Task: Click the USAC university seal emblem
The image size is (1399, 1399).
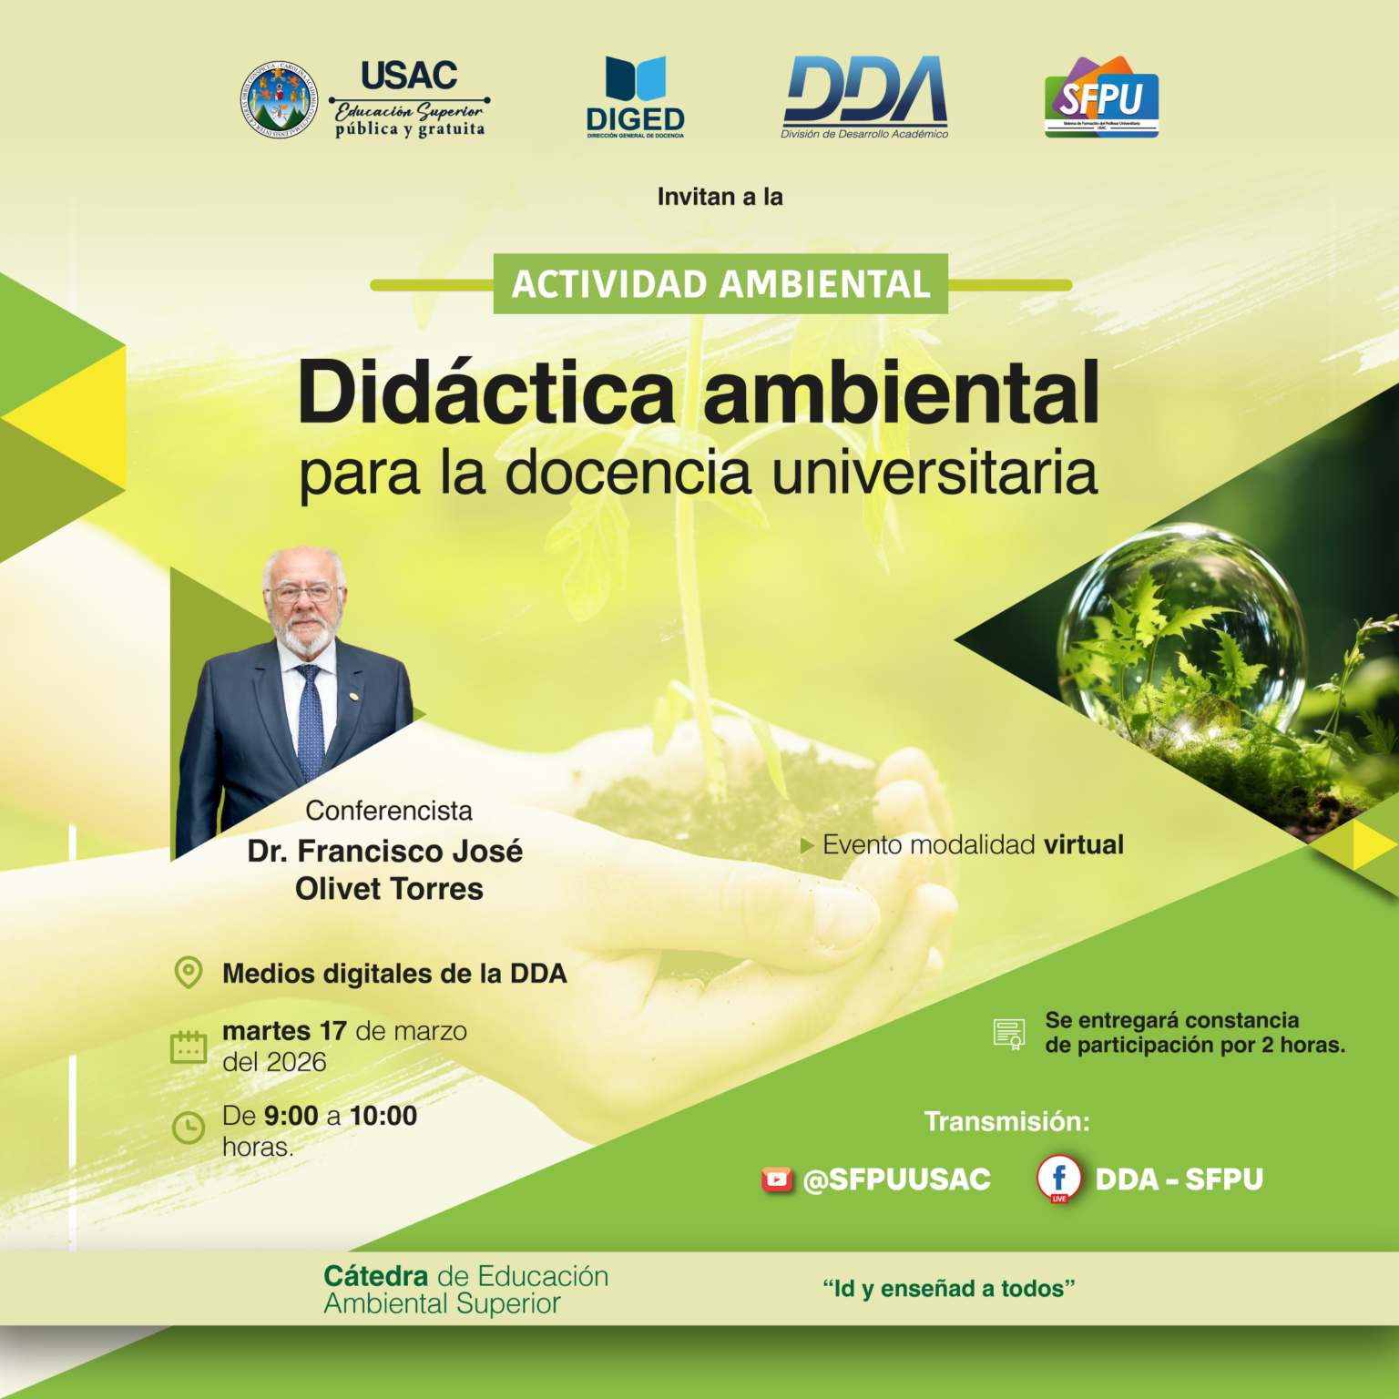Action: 280,99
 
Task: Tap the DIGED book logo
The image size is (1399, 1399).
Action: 635,80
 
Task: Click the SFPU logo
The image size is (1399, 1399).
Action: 1101,97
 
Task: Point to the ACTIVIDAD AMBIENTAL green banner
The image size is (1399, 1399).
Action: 720,284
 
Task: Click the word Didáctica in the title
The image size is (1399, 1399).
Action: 486,393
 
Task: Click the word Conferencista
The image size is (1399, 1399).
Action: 389,811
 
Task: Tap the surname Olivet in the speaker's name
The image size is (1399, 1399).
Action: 338,889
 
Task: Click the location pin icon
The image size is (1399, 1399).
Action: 189,972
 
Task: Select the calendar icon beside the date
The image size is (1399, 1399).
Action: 189,1047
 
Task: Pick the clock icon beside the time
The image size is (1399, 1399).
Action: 189,1128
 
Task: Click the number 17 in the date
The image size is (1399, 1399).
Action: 332,1031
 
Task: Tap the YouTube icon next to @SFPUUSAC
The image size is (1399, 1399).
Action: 777,1179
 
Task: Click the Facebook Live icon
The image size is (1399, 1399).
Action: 1058,1179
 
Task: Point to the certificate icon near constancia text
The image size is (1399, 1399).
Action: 1009,1034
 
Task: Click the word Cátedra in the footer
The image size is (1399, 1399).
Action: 375,1276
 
